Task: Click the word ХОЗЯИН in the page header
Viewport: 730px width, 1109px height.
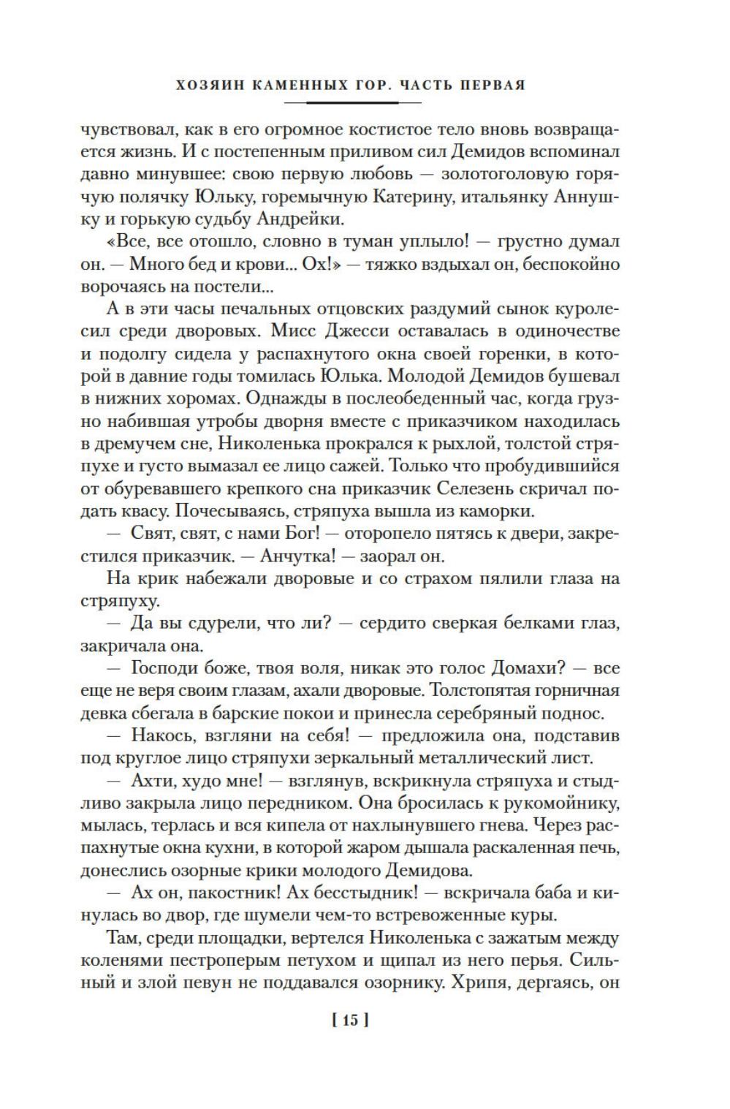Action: (209, 84)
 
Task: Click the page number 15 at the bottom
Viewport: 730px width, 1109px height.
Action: (350, 1019)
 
